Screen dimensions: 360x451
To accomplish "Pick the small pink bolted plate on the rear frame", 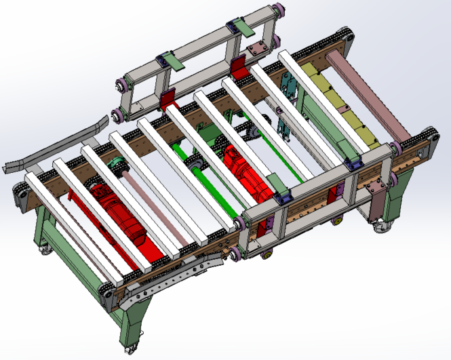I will (257, 51).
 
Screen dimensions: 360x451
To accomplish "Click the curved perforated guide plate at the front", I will (173, 279).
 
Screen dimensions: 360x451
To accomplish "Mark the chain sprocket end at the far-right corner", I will (427, 135).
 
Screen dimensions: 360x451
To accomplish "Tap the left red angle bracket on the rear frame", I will (167, 98).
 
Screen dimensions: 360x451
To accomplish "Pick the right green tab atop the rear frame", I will (244, 29).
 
